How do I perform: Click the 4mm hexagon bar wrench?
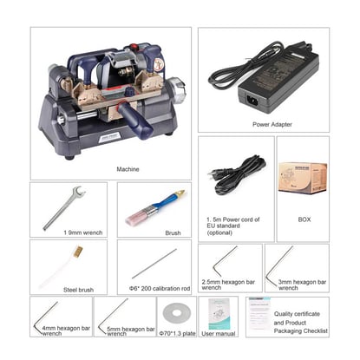point(56,316)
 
